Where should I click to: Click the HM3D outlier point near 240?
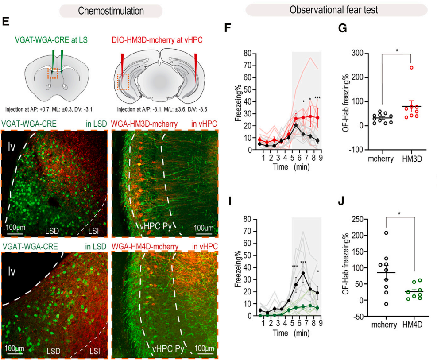[x=411, y=68]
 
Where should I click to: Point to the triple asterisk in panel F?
[x=317, y=98]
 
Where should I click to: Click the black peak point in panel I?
[x=303, y=273]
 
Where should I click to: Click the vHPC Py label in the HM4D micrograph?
[x=168, y=348]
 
